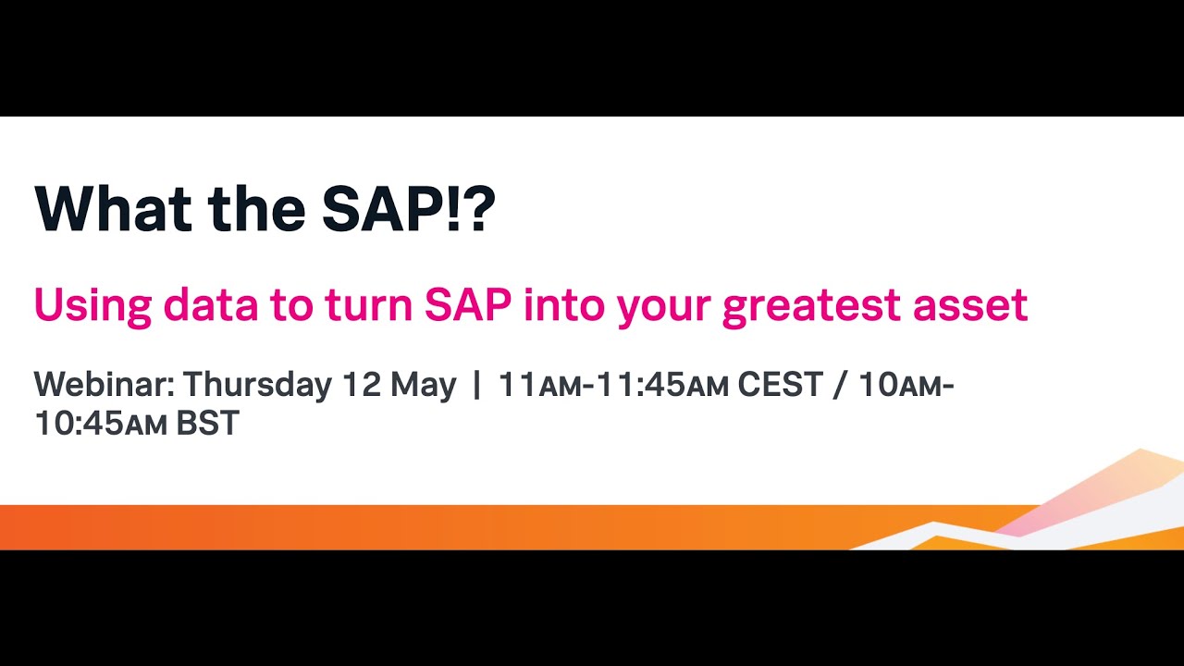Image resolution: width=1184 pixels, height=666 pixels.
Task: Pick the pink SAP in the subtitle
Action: [x=467, y=305]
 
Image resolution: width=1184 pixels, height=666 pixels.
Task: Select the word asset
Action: [x=971, y=305]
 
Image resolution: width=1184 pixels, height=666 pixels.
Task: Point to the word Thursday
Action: [x=257, y=385]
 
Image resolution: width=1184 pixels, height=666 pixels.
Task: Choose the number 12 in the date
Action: [x=361, y=385]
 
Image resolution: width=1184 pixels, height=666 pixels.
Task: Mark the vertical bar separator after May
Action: [x=477, y=385]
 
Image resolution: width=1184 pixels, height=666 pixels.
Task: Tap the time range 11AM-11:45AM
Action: [x=613, y=385]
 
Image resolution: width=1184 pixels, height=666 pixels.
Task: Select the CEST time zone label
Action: [x=780, y=385]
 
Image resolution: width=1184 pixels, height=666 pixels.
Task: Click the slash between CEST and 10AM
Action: [x=840, y=385]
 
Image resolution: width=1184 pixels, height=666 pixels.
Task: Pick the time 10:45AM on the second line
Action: [x=101, y=424]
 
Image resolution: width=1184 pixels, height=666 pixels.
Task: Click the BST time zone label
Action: [x=208, y=424]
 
